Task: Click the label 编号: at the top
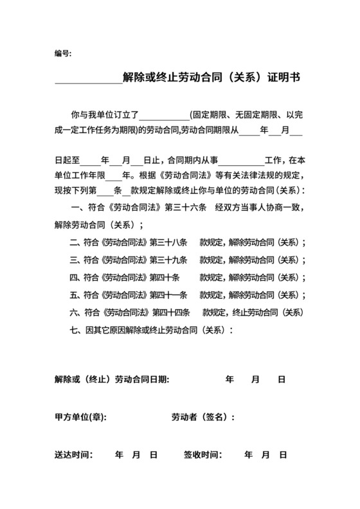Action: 63,53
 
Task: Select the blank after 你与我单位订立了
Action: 165,116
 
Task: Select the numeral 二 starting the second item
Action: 73,243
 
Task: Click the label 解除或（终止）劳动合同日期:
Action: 112,380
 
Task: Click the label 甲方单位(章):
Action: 80,417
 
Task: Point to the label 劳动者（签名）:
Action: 203,417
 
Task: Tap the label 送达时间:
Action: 74,454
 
